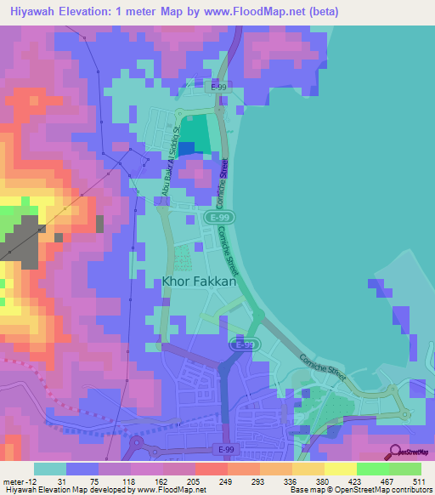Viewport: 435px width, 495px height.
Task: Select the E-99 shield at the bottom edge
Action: point(225,449)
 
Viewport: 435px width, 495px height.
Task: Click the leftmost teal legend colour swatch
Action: point(48,469)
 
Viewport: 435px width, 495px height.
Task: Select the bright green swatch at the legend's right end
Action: point(405,469)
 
